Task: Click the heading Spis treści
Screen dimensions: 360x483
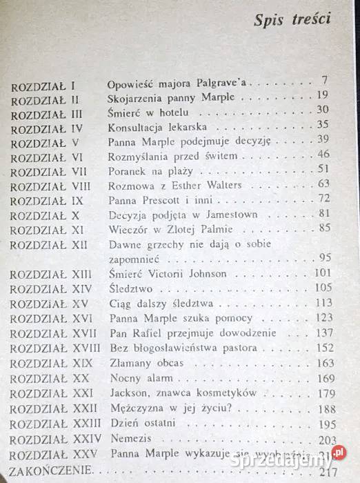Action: click(x=292, y=19)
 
